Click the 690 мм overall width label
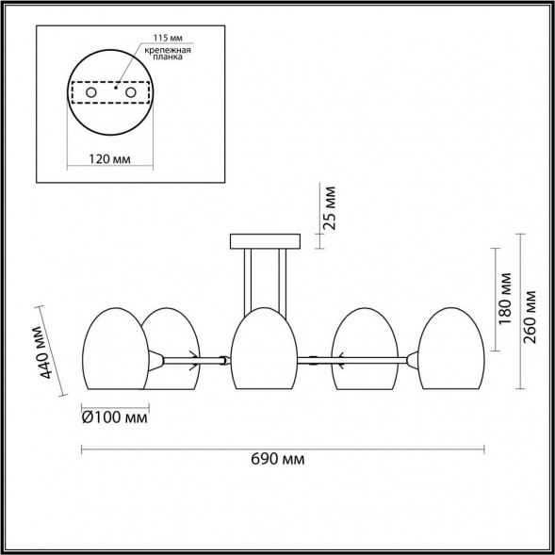point(277,460)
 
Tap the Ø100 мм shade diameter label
point(115,418)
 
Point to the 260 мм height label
point(530,318)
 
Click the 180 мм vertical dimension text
point(505,299)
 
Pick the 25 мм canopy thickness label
point(330,208)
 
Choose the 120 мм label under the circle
point(109,159)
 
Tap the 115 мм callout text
point(168,38)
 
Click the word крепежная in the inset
point(168,50)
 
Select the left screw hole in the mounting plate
point(91,92)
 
